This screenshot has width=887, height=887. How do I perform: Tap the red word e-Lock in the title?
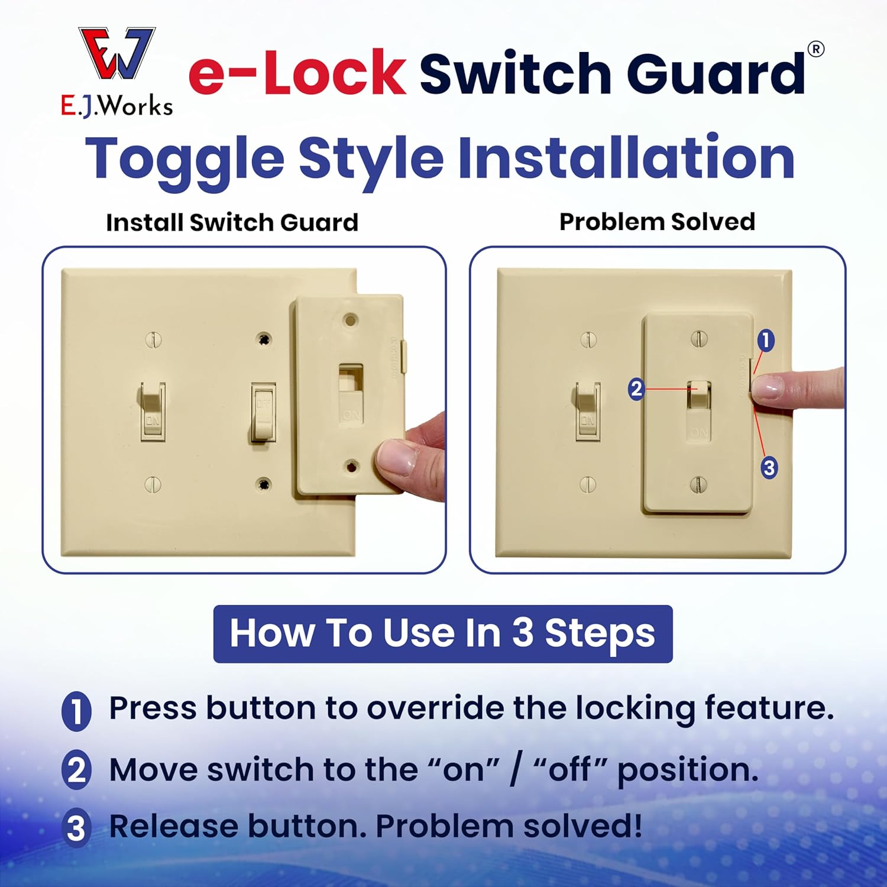click(297, 73)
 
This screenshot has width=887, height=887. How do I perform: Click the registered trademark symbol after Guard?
click(815, 50)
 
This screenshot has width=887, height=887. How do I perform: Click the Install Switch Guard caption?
click(232, 222)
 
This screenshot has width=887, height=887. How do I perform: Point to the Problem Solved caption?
click(657, 222)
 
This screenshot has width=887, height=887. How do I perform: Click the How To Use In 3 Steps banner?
click(442, 633)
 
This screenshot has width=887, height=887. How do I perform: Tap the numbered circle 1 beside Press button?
click(76, 711)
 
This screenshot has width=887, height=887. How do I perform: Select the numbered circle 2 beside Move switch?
click(76, 771)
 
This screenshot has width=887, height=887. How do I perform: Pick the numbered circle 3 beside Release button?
click(76, 828)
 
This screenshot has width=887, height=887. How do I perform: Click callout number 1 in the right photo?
click(766, 340)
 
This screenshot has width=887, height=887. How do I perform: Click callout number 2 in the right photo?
click(636, 389)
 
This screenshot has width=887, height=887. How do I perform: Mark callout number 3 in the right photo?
click(769, 468)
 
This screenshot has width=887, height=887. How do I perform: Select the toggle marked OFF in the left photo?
click(263, 412)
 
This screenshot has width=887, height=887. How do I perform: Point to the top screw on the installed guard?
click(699, 339)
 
